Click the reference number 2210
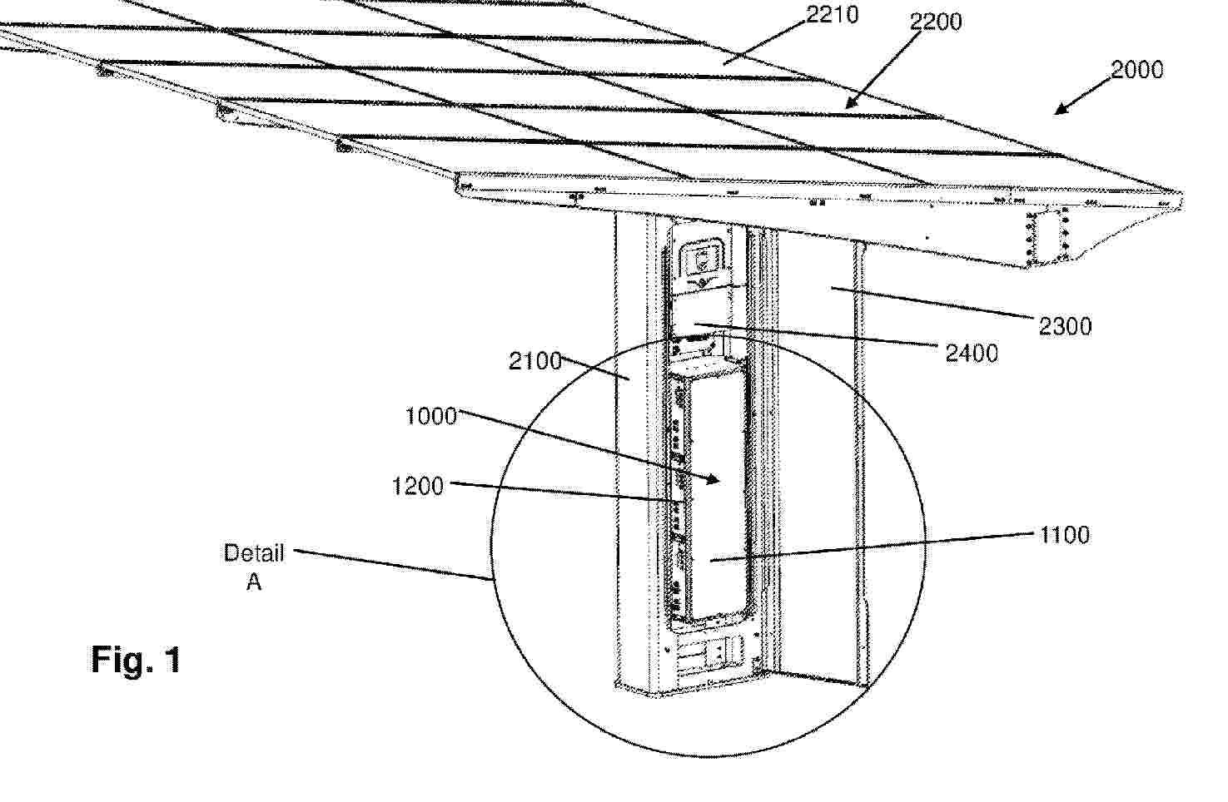(833, 15)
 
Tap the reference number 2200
(936, 22)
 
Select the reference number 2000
(1136, 70)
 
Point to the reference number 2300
(1065, 326)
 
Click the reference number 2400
(972, 354)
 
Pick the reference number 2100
(535, 361)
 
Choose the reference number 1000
(431, 416)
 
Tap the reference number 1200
(418, 486)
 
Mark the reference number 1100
(1065, 535)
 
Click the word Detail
(254, 553)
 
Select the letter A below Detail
(253, 582)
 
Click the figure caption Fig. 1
(136, 660)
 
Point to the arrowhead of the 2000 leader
(1061, 110)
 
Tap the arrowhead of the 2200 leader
(851, 103)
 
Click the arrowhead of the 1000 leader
(713, 480)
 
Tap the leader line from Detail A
(393, 564)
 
